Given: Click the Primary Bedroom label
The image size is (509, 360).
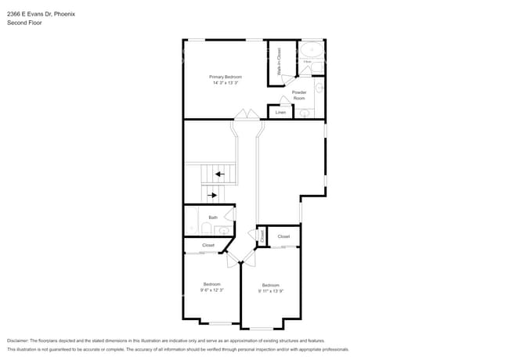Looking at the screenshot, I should pos(226,77).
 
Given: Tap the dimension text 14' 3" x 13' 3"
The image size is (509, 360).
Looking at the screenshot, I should pos(226,83).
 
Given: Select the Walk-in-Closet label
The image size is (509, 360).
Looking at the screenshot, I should pos(279,61).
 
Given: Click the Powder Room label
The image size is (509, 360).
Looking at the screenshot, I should pos(299,95).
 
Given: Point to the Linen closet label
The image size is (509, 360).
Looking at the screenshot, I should pos(280,113).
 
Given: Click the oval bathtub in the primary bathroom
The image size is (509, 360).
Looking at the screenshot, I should pos(313,50).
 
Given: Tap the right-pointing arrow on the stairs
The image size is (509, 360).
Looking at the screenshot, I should pos(212,195).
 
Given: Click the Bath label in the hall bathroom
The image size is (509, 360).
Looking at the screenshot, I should pos(213,218).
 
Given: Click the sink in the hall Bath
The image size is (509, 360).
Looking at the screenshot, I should pos(222,231).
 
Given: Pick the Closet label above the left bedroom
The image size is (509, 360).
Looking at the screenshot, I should pos(208,245).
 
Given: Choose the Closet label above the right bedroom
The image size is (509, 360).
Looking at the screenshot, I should pos(283,236).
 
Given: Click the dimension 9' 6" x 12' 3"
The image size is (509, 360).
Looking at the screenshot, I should pos(212,290).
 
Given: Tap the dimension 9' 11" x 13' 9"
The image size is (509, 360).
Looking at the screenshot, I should pos(271,290).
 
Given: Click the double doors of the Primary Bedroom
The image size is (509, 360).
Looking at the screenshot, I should pos(247,115).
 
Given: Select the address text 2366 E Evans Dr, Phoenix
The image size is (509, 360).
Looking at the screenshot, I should pos(40,13).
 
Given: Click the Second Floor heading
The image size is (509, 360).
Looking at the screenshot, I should pos(24,23).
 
